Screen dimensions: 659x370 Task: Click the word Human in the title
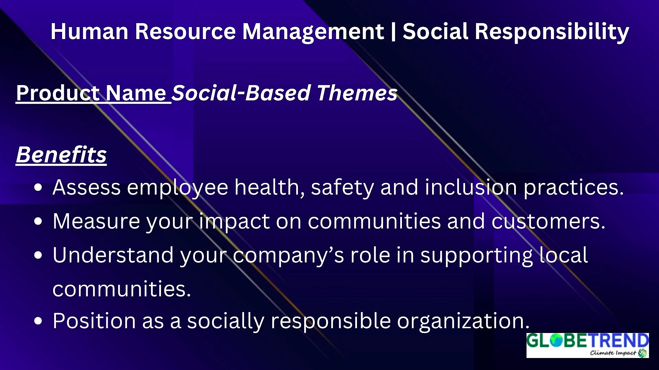[89, 32]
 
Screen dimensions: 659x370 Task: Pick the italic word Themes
[357, 93]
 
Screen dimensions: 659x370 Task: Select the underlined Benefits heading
[61, 155]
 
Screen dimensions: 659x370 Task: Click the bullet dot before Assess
[38, 188]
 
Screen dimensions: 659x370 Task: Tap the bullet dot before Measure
[38, 221]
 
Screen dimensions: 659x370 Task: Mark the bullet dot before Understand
[38, 255]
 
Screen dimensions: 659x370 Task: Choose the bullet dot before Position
[38, 321]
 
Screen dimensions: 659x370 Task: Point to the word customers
[548, 222]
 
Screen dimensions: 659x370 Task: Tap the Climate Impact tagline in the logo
[613, 353]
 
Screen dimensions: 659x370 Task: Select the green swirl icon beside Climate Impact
[643, 353]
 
